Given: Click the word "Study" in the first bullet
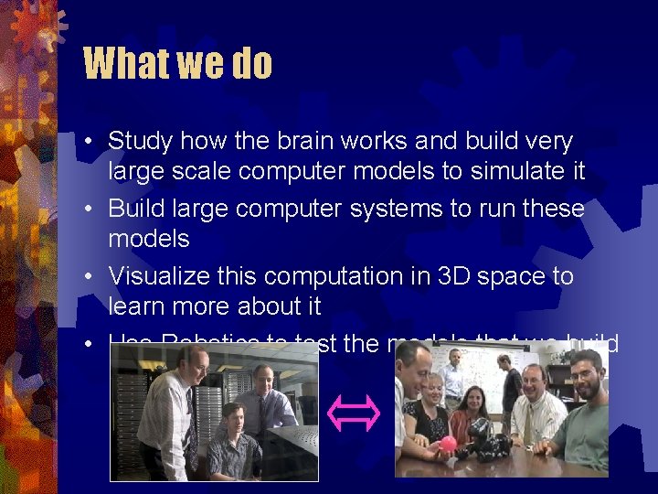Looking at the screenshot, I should click(x=141, y=142).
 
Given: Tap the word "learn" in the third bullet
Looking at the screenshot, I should click(x=135, y=306).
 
